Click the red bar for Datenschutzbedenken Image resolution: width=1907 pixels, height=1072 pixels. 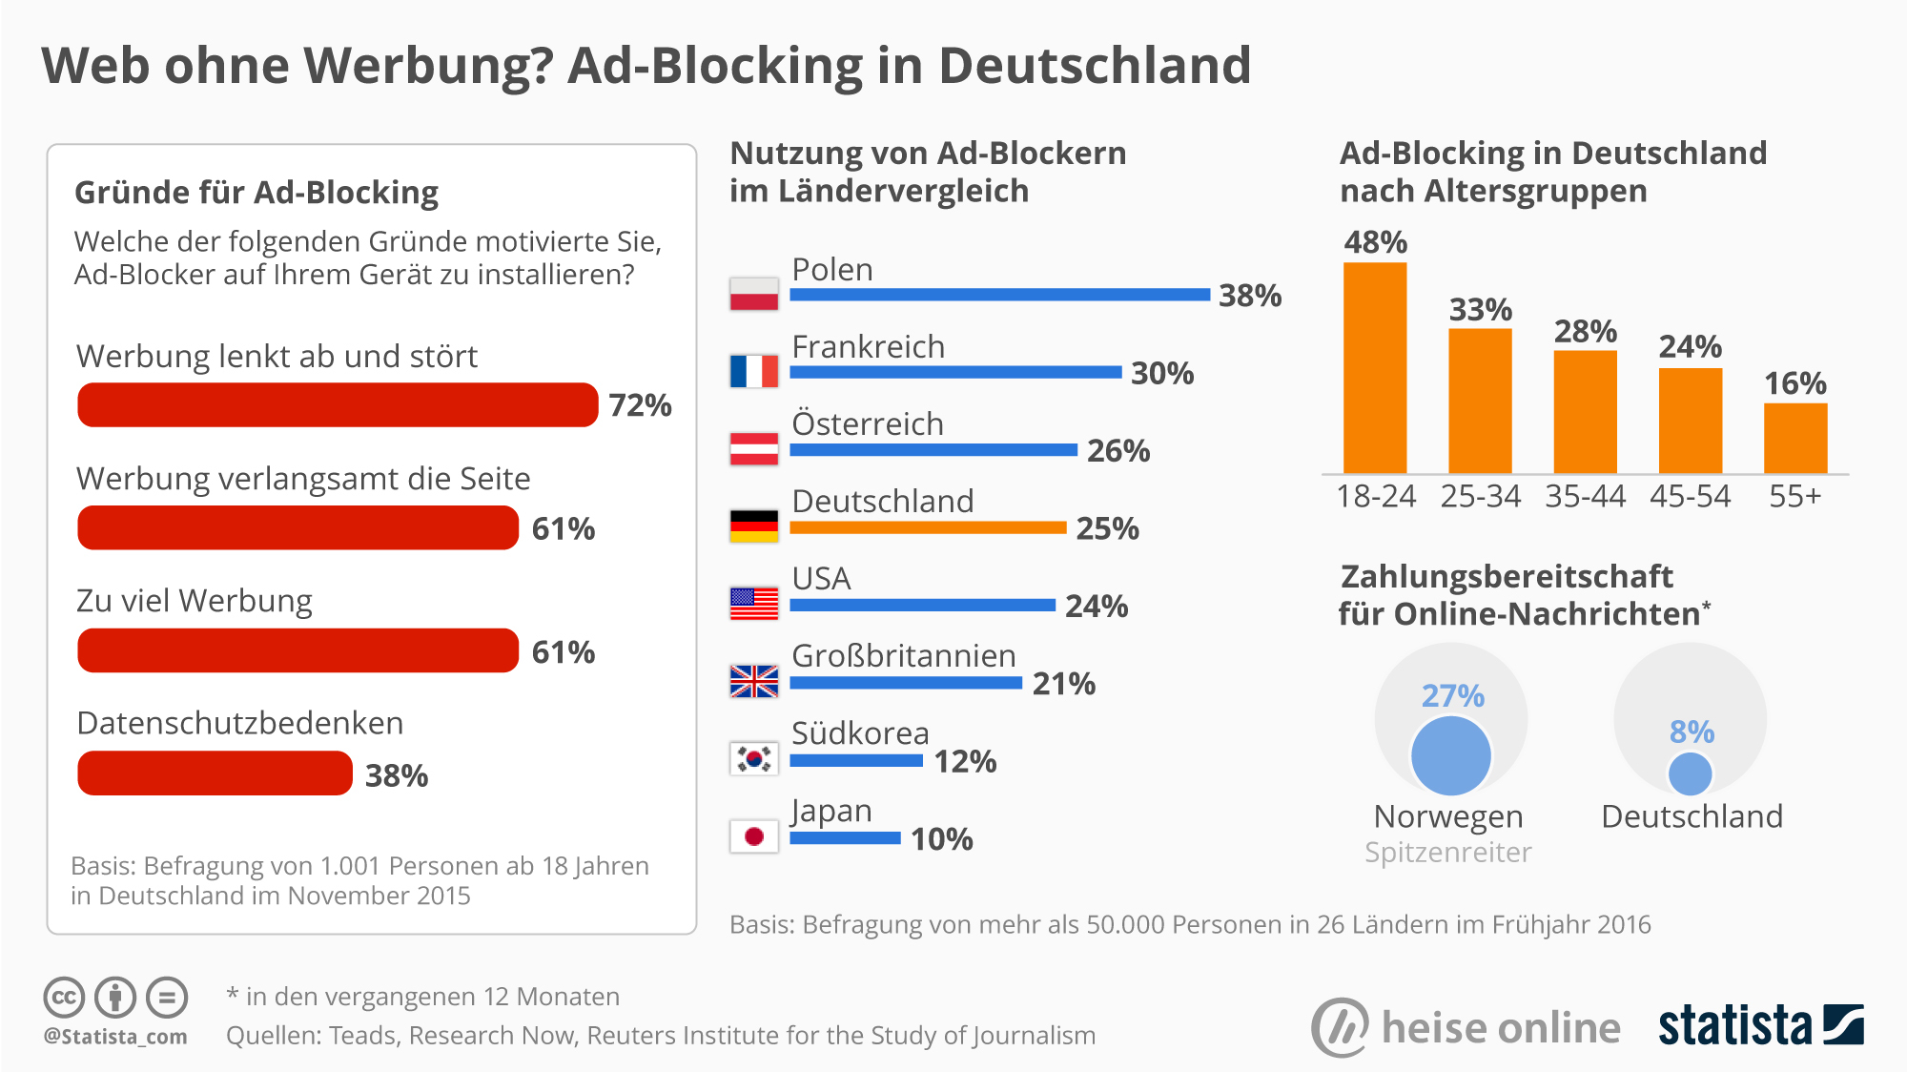click(x=215, y=773)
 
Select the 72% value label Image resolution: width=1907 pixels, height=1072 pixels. click(x=640, y=405)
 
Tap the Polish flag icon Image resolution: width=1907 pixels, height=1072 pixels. click(x=753, y=294)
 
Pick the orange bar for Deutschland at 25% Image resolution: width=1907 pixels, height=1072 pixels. click(x=928, y=527)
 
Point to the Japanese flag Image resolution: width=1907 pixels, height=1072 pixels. click(x=753, y=836)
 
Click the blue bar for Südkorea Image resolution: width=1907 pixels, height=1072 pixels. click(x=856, y=760)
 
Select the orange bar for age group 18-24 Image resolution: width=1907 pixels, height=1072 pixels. click(x=1375, y=367)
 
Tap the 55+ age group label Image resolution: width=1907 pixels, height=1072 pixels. click(x=1794, y=497)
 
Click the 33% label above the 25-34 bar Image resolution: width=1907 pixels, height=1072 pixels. click(x=1480, y=310)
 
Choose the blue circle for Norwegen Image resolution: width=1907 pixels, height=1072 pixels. click(x=1450, y=755)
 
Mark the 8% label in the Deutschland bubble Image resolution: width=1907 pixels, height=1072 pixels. click(x=1692, y=732)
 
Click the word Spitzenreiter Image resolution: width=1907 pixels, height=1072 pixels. click(x=1447, y=852)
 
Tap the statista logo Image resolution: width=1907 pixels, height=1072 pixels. click(x=1760, y=1026)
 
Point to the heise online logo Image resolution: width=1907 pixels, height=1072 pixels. click(x=1466, y=1027)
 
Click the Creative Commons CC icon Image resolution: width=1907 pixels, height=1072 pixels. click(x=64, y=998)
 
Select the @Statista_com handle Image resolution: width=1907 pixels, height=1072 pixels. click(x=115, y=1036)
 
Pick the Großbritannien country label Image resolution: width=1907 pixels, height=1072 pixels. click(x=903, y=655)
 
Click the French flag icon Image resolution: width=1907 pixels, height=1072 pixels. click(x=753, y=371)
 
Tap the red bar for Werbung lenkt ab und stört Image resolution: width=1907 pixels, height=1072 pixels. click(x=338, y=405)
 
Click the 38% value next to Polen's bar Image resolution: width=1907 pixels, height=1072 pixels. click(x=1249, y=296)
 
